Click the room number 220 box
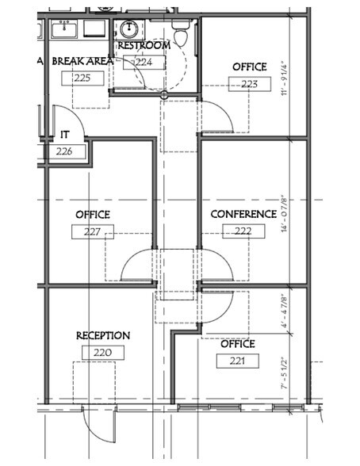pyautogui.click(x=103, y=353)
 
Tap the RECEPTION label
pyautogui.click(x=103, y=336)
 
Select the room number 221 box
pyautogui.click(x=238, y=361)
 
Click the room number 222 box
pyautogui.click(x=243, y=231)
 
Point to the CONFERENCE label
pyautogui.click(x=243, y=214)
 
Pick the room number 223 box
pyautogui.click(x=249, y=83)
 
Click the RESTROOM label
pyautogui.click(x=144, y=46)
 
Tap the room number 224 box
pyautogui.click(x=144, y=62)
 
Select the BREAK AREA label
pyautogui.click(x=82, y=61)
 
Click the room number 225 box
pyautogui.click(x=82, y=78)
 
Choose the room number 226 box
pyautogui.click(x=65, y=151)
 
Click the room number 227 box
pyautogui.click(x=93, y=231)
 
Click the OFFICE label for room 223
pyautogui.click(x=249, y=67)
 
